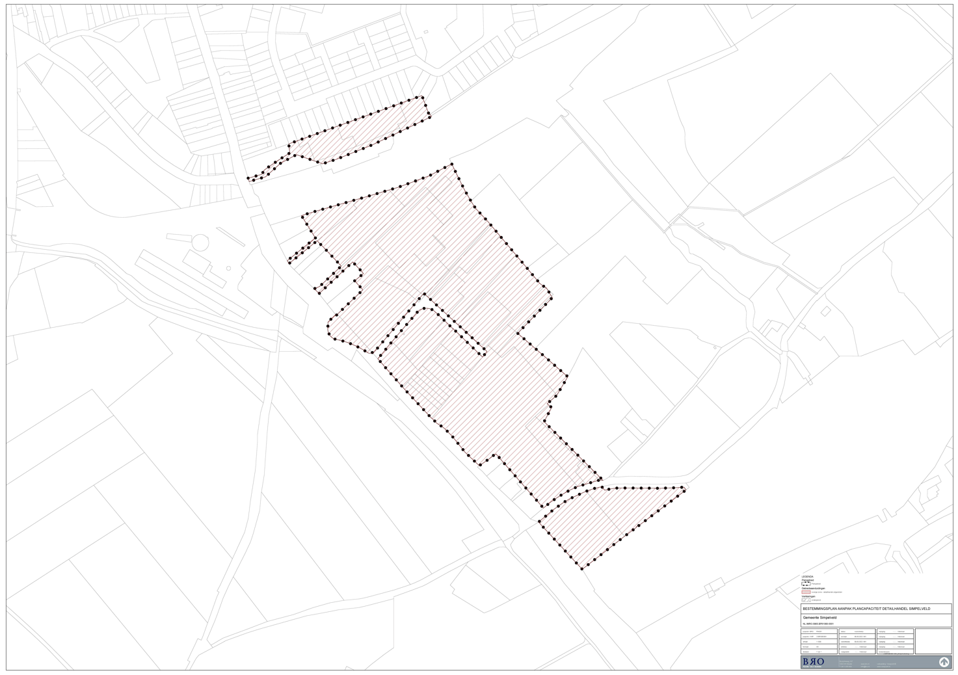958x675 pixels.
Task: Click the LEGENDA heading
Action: pos(807,577)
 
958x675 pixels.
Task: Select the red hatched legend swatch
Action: pos(806,592)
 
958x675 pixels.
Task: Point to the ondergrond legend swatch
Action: pos(806,600)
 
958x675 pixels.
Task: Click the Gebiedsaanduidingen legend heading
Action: pos(814,589)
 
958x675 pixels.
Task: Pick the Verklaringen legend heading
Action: pos(808,596)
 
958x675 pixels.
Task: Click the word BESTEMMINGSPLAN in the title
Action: pos(819,609)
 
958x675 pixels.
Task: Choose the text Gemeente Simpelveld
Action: pos(819,617)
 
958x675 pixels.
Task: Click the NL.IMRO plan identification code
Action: pos(818,624)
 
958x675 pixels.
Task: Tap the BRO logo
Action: pos(813,661)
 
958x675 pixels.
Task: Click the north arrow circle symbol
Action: pos(944,662)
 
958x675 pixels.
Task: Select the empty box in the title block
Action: pos(933,641)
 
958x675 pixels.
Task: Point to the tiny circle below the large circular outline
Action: pos(228,268)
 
